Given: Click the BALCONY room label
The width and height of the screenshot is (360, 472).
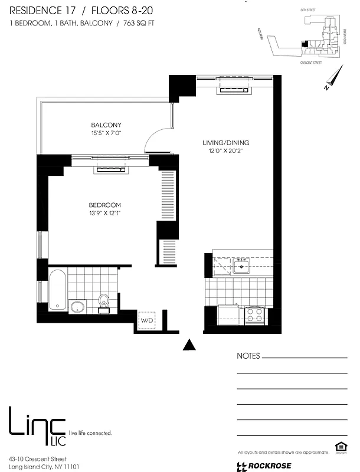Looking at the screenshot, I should click(x=106, y=125).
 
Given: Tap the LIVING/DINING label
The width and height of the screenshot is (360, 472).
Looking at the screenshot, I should click(x=226, y=143).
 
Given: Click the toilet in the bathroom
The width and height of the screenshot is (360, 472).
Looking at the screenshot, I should click(x=104, y=300).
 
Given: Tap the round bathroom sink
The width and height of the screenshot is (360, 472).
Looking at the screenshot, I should click(x=77, y=306).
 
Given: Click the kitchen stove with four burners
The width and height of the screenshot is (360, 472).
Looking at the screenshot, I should click(x=254, y=314).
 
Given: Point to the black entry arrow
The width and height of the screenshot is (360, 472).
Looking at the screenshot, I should click(x=189, y=345).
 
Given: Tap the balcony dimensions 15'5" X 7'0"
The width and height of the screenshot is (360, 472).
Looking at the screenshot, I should click(x=106, y=134).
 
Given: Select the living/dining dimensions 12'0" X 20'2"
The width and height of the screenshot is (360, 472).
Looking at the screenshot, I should click(x=226, y=152).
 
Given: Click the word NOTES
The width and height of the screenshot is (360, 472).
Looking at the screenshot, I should click(x=248, y=356).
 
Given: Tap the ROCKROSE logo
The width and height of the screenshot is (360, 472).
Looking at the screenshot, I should click(x=266, y=466).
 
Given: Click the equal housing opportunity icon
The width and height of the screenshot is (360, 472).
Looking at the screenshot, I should click(x=339, y=447).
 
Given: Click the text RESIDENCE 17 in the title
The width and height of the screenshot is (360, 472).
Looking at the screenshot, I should click(x=37, y=9).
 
